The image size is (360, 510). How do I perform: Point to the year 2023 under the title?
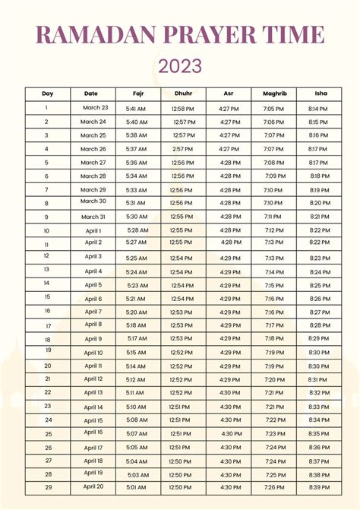click(x=180, y=66)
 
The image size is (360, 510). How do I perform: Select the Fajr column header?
click(x=137, y=94)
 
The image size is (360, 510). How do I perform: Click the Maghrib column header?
click(x=274, y=94)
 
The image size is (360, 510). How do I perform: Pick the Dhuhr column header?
click(x=183, y=94)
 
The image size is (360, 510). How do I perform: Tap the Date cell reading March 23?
click(x=95, y=108)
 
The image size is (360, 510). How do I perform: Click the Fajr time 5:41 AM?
click(x=137, y=109)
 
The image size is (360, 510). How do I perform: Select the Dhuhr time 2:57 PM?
click(x=183, y=149)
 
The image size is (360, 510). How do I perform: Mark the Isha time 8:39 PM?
click(x=320, y=487)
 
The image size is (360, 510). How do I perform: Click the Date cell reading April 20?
click(x=93, y=486)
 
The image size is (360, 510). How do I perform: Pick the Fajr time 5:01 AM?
click(x=137, y=487)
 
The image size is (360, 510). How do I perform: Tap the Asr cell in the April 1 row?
click(x=229, y=230)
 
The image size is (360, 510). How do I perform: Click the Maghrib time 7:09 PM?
click(x=276, y=176)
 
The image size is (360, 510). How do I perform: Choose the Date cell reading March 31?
click(x=93, y=216)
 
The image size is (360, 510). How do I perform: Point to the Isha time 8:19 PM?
click(x=320, y=190)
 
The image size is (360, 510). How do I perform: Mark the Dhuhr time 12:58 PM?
click(x=183, y=109)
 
